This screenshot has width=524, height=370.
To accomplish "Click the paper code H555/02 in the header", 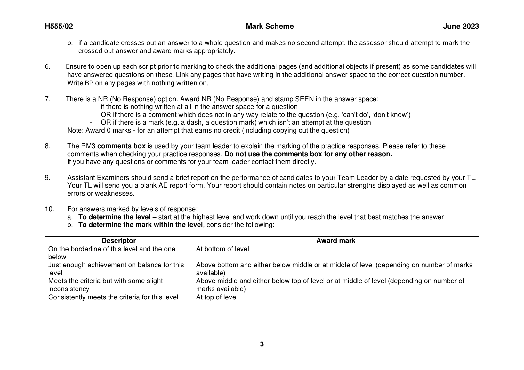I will click(59, 27).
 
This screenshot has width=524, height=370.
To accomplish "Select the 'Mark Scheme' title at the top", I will click(270, 27).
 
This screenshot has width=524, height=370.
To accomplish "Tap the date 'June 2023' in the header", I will click(461, 27).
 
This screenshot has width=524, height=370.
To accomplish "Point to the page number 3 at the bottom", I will click(262, 344).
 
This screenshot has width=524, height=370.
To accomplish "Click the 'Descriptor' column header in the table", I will click(119, 241).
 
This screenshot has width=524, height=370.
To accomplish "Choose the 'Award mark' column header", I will click(335, 241).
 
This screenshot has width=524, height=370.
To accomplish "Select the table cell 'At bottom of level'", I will click(222, 249).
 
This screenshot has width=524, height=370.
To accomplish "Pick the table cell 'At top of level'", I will click(217, 297).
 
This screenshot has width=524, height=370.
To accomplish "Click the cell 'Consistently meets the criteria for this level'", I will click(113, 297).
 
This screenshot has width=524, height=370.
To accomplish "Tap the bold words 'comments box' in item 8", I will click(121, 146).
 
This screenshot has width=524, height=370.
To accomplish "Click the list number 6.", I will click(47, 66).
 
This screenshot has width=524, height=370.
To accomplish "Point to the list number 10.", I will click(49, 209).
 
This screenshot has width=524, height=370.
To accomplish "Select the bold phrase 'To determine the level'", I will click(114, 217).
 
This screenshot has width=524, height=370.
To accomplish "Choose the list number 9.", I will click(47, 178).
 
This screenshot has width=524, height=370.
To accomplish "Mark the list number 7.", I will click(47, 99).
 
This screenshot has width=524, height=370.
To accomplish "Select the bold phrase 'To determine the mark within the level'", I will click(141, 225).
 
